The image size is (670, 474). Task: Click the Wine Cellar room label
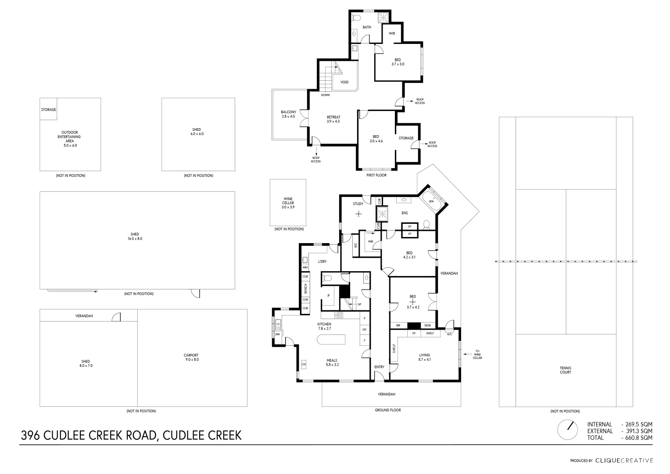pos(288,203)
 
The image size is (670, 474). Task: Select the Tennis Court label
pos(566,370)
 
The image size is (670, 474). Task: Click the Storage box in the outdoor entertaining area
pos(48,110)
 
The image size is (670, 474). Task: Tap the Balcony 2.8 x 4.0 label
pos(288,114)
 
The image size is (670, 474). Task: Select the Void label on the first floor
pos(344,82)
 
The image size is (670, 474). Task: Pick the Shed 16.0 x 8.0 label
pos(135,237)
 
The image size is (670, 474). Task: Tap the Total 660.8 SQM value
pos(637,438)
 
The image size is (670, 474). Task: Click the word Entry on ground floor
pos(379,367)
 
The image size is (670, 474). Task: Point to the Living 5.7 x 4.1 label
pos(424,357)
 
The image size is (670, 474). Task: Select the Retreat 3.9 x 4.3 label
pos(333,119)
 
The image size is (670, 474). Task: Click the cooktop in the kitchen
pos(339,315)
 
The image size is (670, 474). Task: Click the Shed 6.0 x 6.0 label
pos(196,132)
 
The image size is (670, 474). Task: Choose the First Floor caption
pos(376,175)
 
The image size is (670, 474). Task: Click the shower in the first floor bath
pos(383,17)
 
